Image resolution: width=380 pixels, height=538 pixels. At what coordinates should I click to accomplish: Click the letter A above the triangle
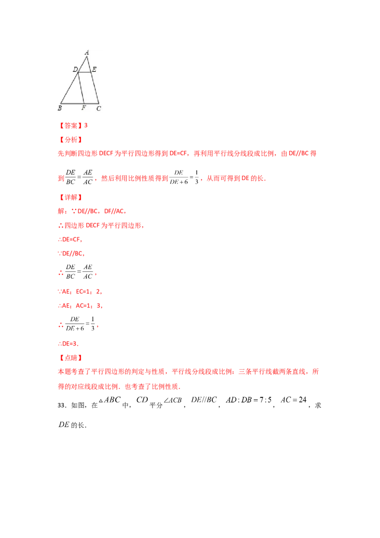coord(87,53)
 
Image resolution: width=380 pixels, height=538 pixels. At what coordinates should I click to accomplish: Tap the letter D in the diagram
coord(75,70)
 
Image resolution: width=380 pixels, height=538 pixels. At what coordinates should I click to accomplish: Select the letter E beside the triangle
coord(95,70)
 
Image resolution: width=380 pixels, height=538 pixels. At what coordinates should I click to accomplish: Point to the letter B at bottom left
coord(60,108)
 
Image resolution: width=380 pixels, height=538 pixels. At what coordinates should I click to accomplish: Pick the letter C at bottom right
coord(99,108)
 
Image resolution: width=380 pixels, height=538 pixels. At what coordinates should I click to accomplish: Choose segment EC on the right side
coord(95,88)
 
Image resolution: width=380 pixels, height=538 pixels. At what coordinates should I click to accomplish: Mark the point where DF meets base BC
coord(85,103)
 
